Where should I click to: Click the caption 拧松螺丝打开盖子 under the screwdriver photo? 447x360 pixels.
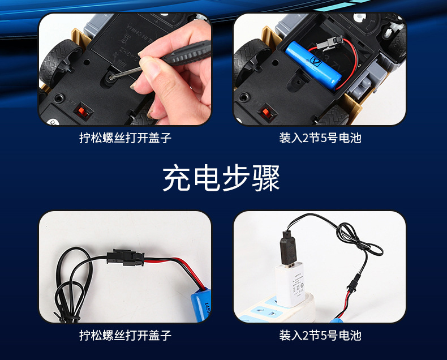[125, 138]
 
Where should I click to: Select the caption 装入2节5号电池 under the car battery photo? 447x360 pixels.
[320, 138]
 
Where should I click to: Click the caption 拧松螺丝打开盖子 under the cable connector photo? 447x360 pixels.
[125, 335]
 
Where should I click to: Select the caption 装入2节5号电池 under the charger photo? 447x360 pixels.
[320, 335]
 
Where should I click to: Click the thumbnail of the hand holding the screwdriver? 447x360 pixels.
[125, 69]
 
